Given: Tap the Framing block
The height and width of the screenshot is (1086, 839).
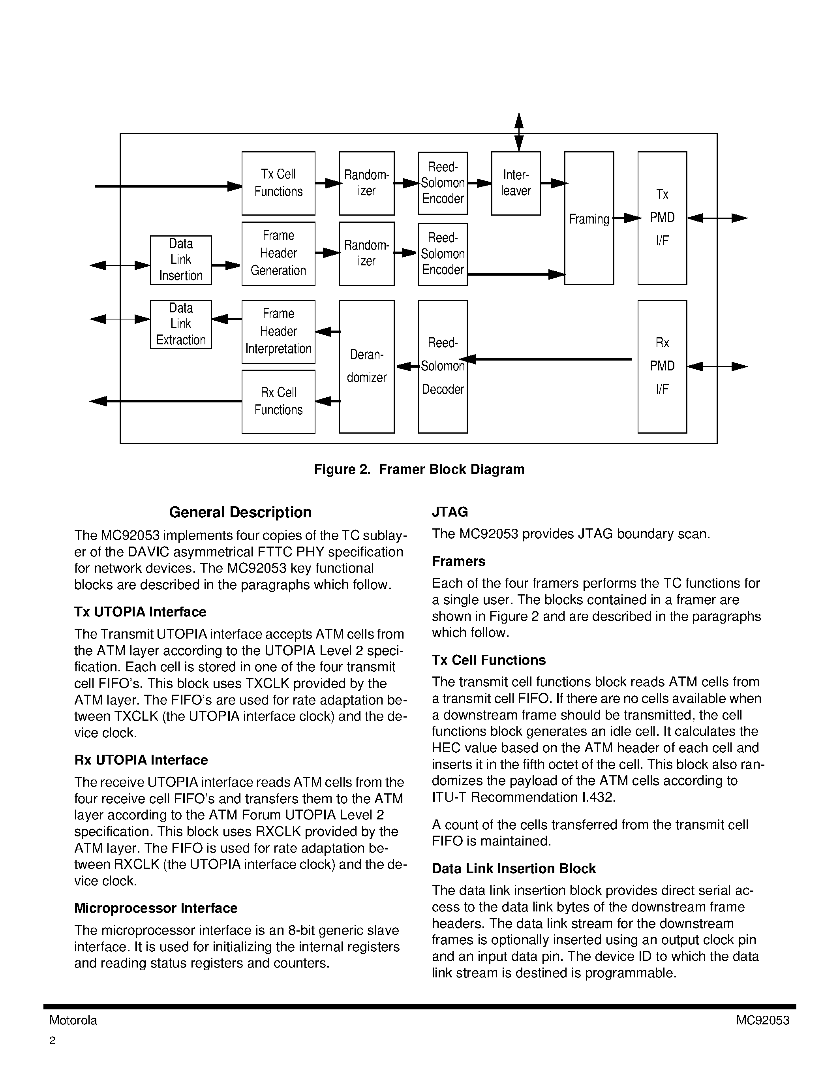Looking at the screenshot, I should point(589,218).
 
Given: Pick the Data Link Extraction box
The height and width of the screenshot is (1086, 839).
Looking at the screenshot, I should point(180,324).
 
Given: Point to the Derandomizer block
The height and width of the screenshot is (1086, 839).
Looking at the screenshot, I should point(366,366).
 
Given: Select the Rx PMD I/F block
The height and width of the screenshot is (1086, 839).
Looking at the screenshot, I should point(662,366).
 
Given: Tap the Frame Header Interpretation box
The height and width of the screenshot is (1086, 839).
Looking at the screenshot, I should point(278,331).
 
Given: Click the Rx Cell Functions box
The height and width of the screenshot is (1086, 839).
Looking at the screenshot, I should point(278,401).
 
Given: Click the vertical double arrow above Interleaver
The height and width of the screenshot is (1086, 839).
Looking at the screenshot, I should point(518,132).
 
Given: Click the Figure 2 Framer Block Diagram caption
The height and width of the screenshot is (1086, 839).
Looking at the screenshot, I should point(419,470).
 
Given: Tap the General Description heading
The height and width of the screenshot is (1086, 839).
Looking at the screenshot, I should point(240,512).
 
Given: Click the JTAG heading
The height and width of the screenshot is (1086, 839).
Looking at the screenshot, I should point(450,512).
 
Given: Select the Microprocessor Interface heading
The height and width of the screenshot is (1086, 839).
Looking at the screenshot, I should point(156,908).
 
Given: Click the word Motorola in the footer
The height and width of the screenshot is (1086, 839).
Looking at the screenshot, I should point(73,1020).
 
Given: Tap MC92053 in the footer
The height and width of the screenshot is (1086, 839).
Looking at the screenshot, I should point(762,1020).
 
